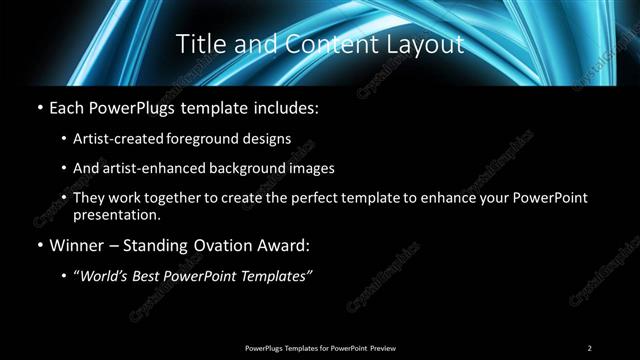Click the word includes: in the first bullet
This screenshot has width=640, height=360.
[x=289, y=105]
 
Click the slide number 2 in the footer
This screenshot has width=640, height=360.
[x=590, y=347]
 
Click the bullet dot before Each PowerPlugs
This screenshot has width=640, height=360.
[x=38, y=106]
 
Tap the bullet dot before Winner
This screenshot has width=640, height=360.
[x=38, y=245]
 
